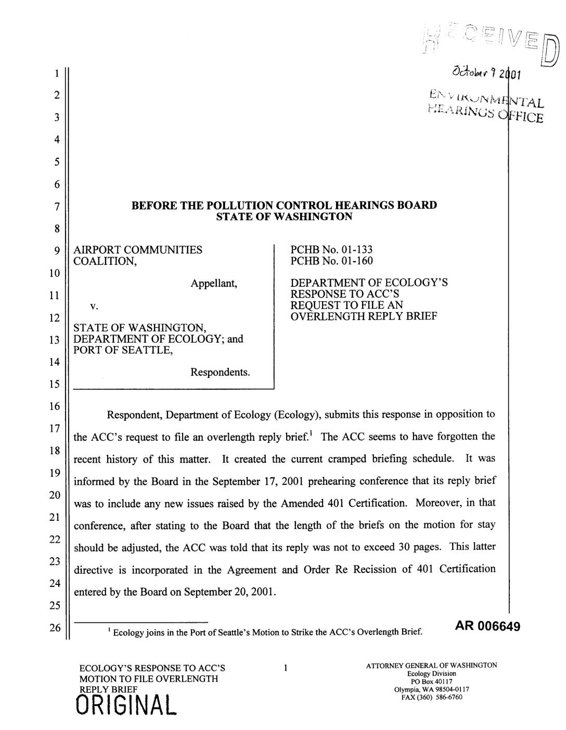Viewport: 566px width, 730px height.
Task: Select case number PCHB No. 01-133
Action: pos(331,250)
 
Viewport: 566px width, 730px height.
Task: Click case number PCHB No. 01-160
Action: pos(331,261)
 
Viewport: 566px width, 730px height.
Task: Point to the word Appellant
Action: pos(214,284)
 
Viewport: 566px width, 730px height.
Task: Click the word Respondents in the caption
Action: pos(221,373)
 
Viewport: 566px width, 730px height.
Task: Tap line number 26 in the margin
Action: pos(55,627)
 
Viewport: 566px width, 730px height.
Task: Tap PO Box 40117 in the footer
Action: pos(432,682)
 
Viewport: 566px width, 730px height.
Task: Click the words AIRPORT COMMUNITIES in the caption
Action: pos(138,250)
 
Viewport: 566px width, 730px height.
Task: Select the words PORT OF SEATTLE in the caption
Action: pos(122,350)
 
